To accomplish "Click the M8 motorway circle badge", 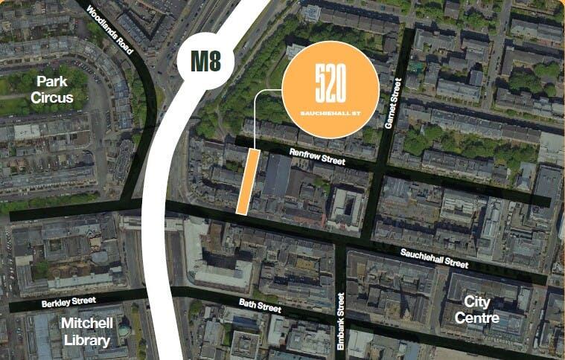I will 205,61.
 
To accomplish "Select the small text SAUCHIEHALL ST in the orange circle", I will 331,112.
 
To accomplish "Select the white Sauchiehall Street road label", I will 435,257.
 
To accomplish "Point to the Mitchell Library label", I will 86,332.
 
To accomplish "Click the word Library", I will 86,341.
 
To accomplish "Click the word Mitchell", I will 86,324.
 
